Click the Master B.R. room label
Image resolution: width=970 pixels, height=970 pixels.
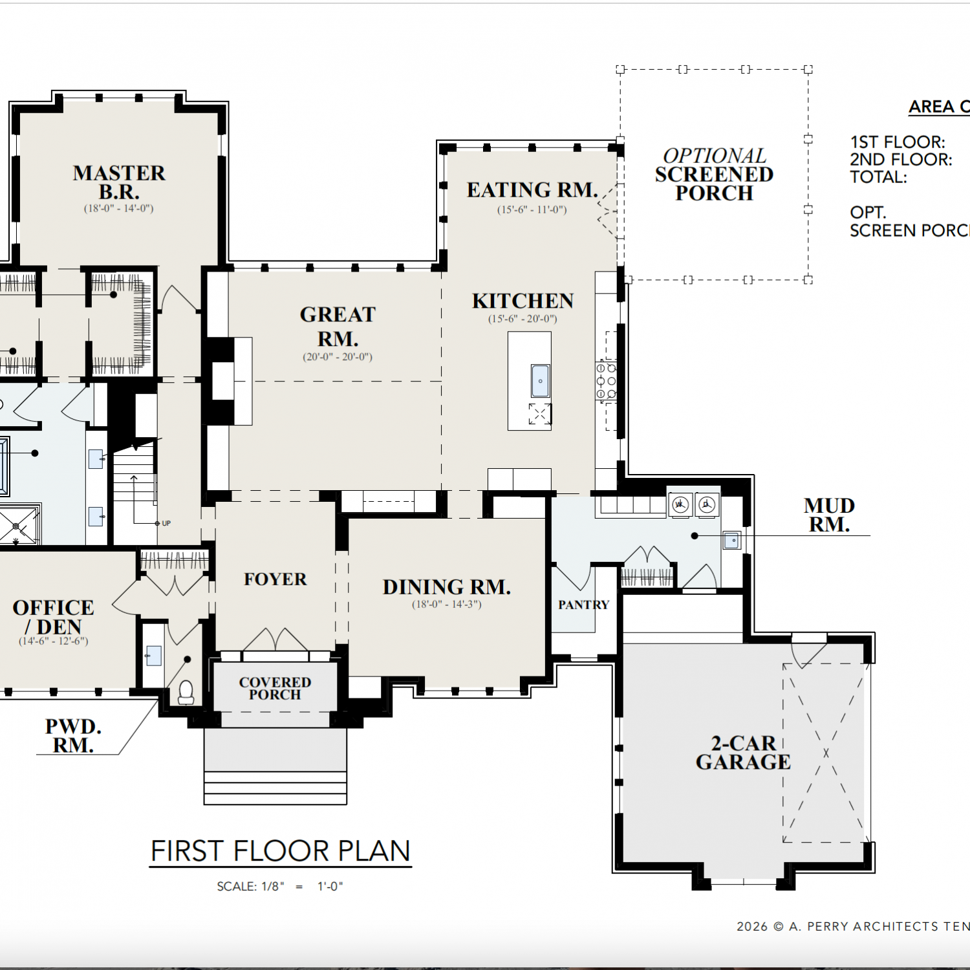119,182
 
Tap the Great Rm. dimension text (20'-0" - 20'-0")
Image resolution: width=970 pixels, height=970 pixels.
338,357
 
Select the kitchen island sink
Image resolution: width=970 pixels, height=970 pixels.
540,380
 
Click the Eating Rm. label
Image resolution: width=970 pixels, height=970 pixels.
532,190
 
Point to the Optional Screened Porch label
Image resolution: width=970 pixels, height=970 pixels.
714,175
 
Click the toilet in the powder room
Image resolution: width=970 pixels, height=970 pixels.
186,692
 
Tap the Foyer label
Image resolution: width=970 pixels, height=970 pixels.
275,579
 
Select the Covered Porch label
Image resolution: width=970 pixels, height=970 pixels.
275,688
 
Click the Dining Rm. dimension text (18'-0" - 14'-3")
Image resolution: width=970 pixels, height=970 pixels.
447,605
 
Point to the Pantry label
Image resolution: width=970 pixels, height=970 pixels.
584,605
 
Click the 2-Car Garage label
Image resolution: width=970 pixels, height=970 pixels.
743,753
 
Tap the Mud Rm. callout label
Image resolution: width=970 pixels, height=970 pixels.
829,515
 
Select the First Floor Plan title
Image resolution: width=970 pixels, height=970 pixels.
281,851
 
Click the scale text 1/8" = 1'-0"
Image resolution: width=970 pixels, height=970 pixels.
280,887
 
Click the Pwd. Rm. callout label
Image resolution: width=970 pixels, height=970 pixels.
73,736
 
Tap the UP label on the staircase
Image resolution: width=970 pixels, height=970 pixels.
166,523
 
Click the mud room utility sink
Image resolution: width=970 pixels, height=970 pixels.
731,540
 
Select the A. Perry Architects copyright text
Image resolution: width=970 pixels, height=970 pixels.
853,927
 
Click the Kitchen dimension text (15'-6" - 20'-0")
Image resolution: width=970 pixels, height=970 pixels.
523,319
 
